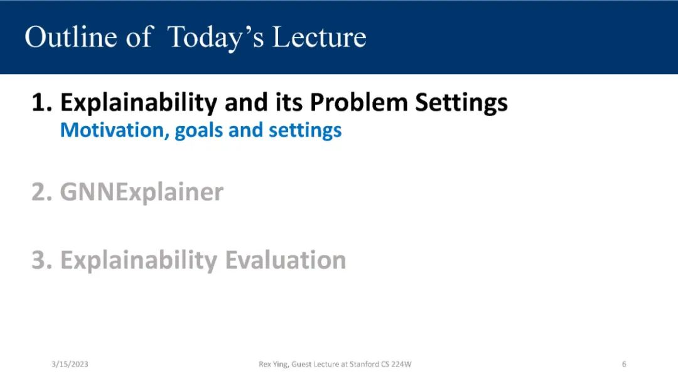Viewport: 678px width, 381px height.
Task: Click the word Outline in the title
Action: click(71, 37)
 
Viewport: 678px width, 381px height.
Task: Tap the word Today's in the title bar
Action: click(215, 38)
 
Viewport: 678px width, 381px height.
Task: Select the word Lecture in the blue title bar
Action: click(320, 37)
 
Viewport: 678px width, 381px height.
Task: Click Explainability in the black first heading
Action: click(139, 104)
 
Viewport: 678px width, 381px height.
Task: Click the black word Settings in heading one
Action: click(461, 104)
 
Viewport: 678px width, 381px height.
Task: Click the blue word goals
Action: click(199, 131)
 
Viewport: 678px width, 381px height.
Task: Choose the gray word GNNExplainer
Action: click(142, 193)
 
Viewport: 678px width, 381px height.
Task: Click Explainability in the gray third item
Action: click(139, 261)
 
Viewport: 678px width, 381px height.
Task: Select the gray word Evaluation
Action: click(286, 260)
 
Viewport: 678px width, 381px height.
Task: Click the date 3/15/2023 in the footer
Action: click(70, 364)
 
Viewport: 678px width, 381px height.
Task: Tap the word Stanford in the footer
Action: click(364, 364)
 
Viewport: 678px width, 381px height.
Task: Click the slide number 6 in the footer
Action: click(624, 364)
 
